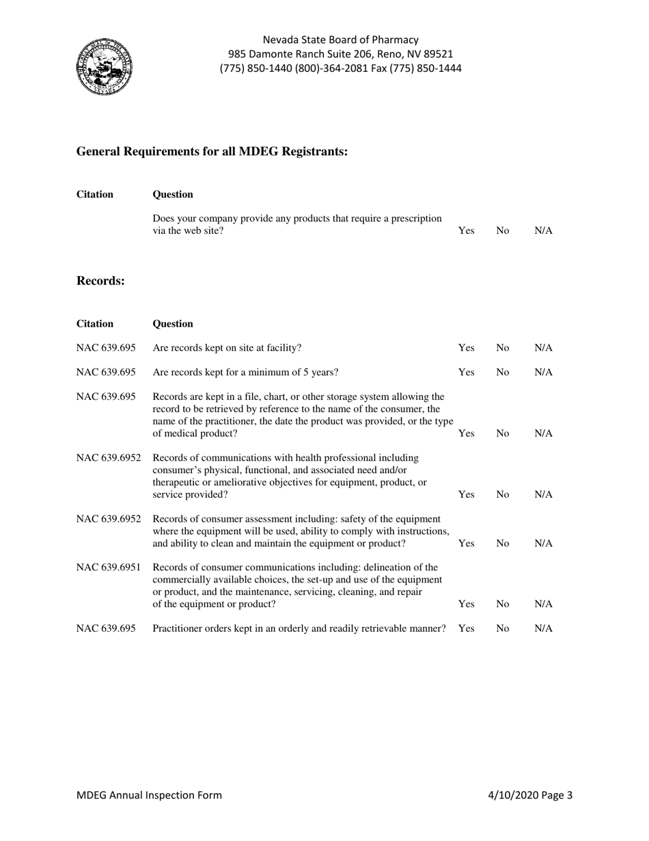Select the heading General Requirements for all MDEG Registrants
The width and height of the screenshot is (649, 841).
[212, 151]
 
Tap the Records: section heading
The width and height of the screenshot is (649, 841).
[100, 280]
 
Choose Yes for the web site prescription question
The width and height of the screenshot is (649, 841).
[466, 231]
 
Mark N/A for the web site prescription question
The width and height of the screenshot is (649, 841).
[543, 231]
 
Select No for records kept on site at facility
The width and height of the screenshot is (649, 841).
[503, 348]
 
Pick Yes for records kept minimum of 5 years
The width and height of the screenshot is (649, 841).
[466, 373]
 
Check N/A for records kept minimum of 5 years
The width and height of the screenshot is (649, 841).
[543, 373]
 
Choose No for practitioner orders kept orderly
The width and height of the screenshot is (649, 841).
[503, 628]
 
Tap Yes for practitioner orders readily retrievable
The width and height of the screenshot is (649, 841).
[466, 628]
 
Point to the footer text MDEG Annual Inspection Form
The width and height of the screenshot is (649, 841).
[149, 795]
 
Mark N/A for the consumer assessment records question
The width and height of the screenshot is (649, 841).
[543, 544]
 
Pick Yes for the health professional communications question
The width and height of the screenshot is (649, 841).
[466, 494]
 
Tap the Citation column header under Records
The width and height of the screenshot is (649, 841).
[95, 323]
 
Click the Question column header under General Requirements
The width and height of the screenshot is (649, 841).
[173, 194]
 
